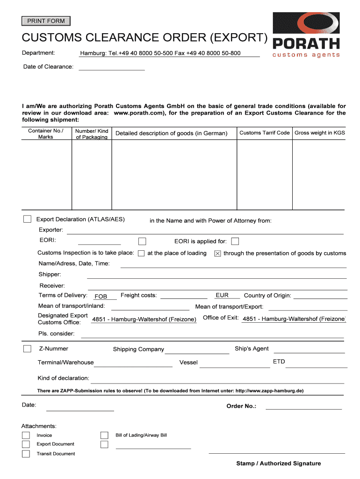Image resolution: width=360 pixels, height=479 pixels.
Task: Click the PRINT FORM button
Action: click(46, 21)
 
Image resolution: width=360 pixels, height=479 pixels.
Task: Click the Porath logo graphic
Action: click(306, 36)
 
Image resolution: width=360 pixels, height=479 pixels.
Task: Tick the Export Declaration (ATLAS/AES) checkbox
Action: click(28, 219)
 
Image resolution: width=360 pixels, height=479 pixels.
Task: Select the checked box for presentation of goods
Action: click(217, 254)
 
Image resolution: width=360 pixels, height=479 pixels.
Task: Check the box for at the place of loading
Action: click(141, 254)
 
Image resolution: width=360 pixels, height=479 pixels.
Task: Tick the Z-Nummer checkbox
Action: click(28, 348)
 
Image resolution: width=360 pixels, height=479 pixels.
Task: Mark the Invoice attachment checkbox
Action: click(26, 435)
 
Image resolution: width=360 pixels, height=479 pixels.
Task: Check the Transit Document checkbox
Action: click(26, 454)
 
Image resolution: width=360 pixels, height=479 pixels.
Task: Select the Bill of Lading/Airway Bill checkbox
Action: click(104, 435)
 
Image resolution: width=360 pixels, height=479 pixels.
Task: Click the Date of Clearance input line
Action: click(112, 67)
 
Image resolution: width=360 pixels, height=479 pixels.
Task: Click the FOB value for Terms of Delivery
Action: click(101, 297)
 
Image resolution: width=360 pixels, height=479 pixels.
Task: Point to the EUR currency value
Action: click(222, 296)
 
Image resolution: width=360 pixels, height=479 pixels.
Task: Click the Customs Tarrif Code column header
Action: click(265, 133)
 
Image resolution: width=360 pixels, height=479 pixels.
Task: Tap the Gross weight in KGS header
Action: click(320, 133)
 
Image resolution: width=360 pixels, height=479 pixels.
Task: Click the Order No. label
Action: click(241, 406)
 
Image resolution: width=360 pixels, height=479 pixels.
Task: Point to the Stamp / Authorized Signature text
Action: click(278, 464)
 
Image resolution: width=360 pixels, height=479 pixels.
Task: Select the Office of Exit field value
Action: click(294, 319)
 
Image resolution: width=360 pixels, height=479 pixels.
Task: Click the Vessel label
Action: click(188, 363)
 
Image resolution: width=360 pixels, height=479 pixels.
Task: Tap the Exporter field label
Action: click(50, 230)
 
